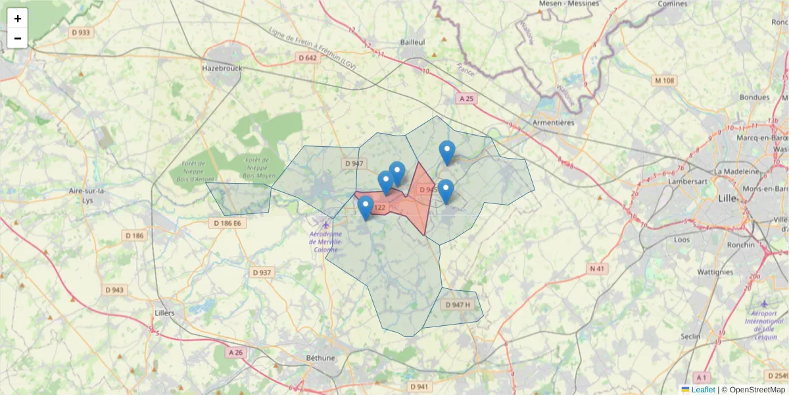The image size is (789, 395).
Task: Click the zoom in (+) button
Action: (18, 18)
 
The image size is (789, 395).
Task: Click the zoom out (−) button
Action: (18, 38)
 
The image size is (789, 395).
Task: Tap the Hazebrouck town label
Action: (222, 68)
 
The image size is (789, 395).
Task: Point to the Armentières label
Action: (553, 122)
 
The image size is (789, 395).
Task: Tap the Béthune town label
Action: (321, 358)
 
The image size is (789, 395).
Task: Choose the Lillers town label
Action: (164, 313)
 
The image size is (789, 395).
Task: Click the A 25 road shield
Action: (466, 98)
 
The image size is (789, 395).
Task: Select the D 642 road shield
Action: (307, 57)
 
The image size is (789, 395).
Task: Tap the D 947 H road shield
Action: (458, 305)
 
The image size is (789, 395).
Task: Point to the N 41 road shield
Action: (596, 269)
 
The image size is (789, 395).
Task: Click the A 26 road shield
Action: (235, 352)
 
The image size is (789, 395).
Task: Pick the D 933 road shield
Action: (81, 32)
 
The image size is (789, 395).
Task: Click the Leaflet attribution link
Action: (703, 390)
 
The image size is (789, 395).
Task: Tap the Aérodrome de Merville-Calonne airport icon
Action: (326, 226)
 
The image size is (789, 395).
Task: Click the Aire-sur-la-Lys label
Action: (88, 195)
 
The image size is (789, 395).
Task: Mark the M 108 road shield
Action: (664, 80)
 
